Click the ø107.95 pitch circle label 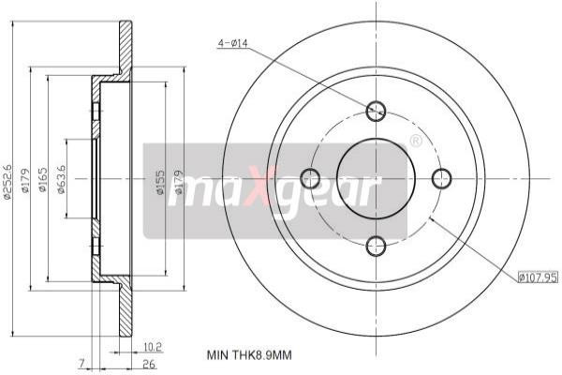pos(537,277)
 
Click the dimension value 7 pos(81,363)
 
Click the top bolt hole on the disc pos(376,110)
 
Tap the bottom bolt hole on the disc pos(376,246)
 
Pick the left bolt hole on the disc pos(309,178)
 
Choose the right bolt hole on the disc pos(441,178)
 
